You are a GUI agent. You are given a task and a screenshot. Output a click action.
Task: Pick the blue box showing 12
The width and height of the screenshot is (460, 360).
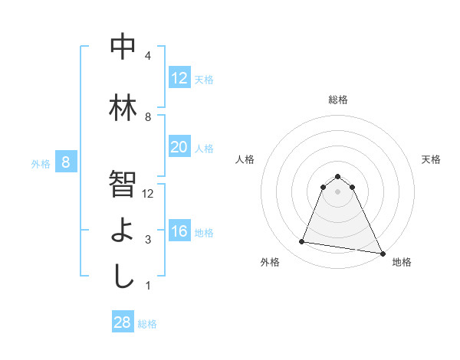pyautogui.click(x=179, y=78)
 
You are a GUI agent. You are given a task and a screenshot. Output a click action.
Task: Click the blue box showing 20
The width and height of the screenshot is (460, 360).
pyautogui.click(x=179, y=147)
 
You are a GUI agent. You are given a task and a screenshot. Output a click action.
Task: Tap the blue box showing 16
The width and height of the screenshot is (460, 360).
pyautogui.click(x=179, y=231)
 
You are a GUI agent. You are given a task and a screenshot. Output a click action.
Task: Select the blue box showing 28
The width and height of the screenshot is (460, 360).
pyautogui.click(x=123, y=322)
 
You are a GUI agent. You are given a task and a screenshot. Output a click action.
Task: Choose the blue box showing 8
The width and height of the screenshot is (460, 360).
pyautogui.click(x=66, y=162)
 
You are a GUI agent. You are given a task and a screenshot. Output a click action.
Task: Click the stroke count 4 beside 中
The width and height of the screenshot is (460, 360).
pyautogui.click(x=148, y=56)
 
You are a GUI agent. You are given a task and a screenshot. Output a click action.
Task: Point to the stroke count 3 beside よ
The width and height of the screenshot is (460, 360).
pyautogui.click(x=148, y=240)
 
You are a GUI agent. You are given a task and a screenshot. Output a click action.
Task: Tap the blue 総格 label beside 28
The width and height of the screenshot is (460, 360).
pyautogui.click(x=147, y=324)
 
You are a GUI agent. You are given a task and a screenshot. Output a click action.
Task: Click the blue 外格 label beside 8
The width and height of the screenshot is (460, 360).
pyautogui.click(x=41, y=163)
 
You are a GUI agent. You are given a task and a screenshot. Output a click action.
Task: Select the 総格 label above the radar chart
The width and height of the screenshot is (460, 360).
pyautogui.click(x=338, y=100)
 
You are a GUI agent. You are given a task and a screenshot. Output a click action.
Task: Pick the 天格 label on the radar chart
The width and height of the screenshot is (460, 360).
pyautogui.click(x=432, y=159)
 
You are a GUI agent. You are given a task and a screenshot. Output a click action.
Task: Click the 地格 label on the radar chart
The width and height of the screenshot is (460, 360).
pyautogui.click(x=402, y=262)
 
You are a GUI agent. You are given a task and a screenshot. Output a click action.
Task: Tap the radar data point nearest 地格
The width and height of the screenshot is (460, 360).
pyautogui.click(x=381, y=251)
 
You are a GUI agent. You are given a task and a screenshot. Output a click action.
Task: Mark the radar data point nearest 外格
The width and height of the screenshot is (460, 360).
pyautogui.click(x=302, y=242)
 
